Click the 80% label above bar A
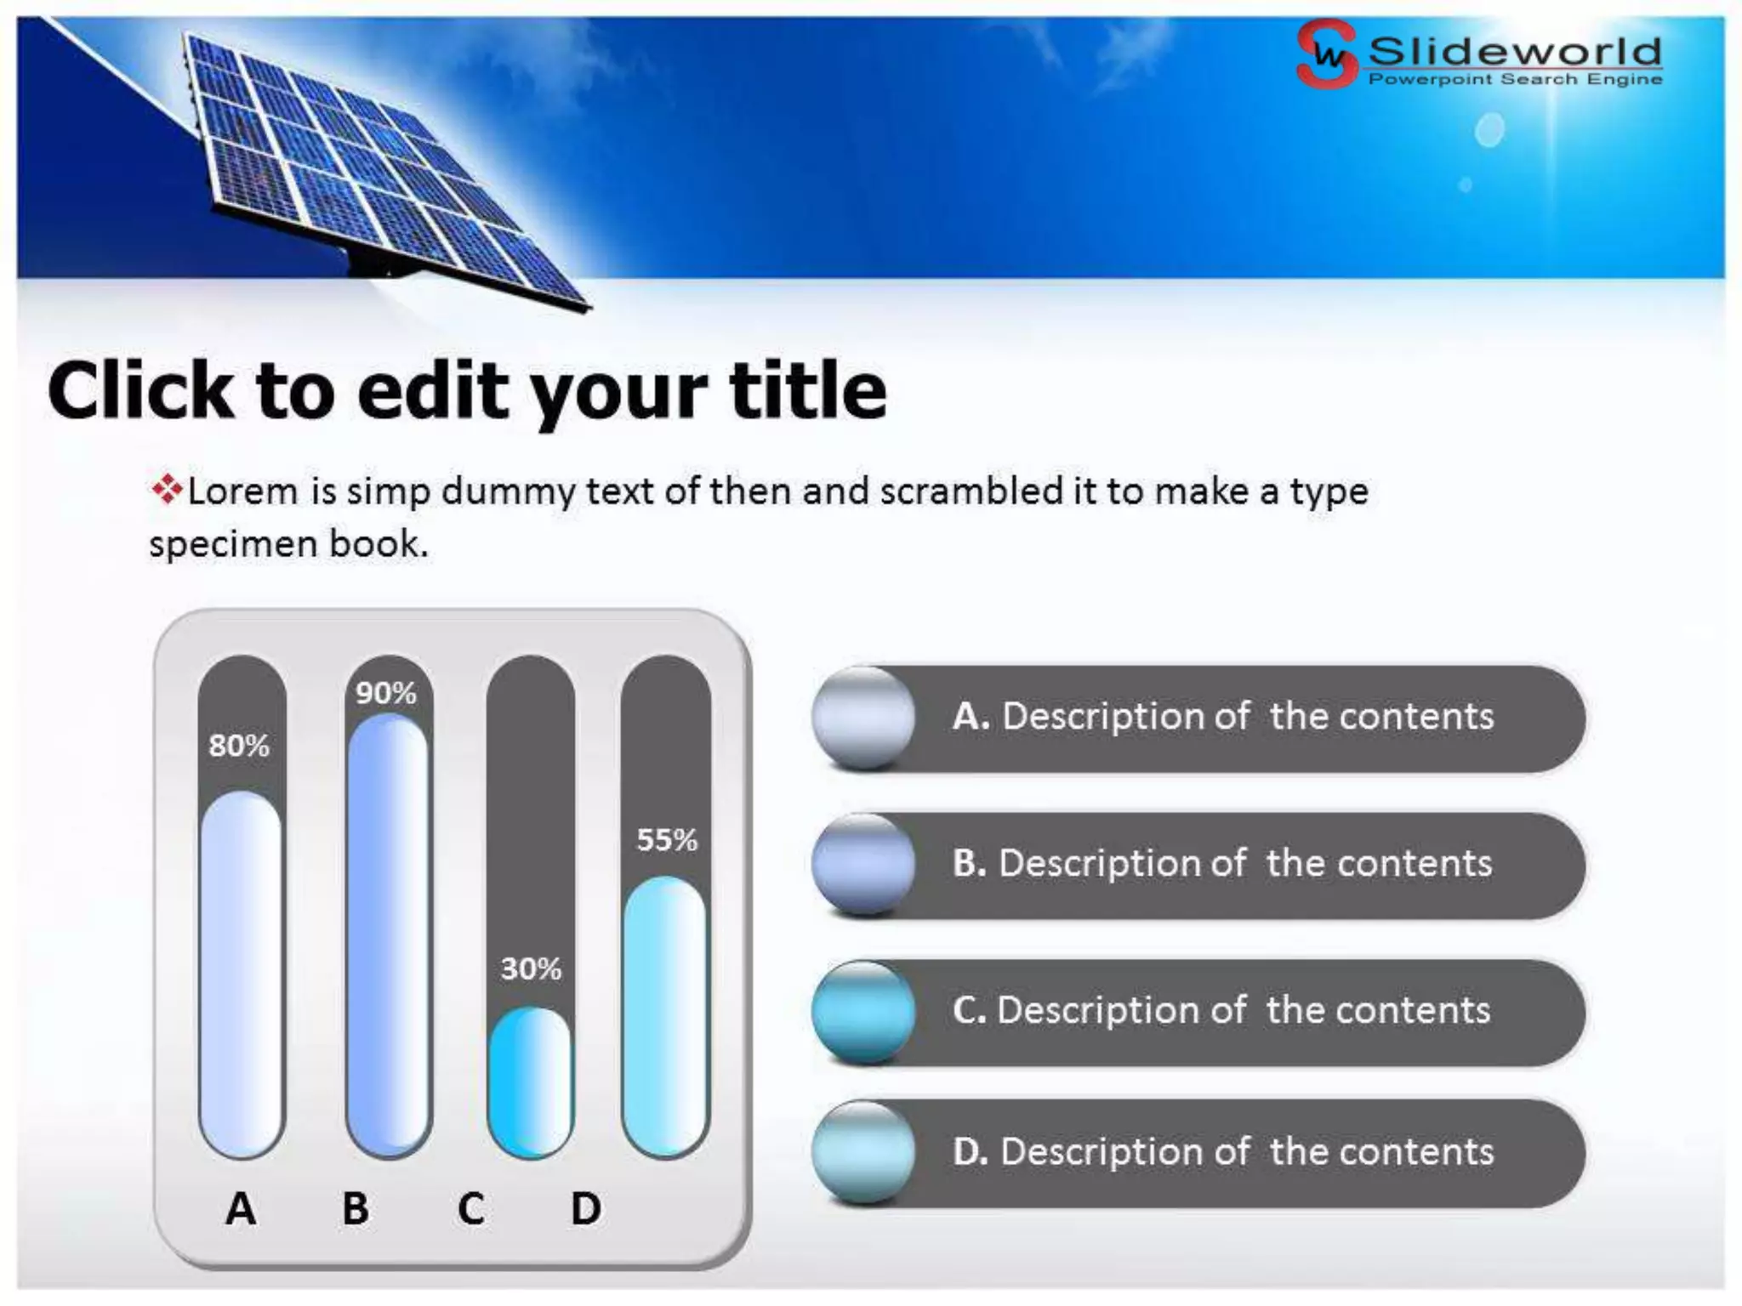tap(239, 747)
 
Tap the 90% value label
tap(386, 694)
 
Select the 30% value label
tap(531, 969)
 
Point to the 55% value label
tap(667, 841)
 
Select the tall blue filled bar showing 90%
tap(388, 935)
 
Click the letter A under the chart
tap(241, 1208)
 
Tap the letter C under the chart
tap(470, 1208)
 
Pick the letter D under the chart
tap(586, 1208)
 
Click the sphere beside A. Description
tap(862, 718)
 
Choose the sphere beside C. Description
tap(862, 1012)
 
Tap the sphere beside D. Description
tap(862, 1152)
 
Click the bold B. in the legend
tap(969, 863)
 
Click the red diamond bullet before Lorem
tap(167, 490)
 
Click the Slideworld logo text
tap(1514, 53)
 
